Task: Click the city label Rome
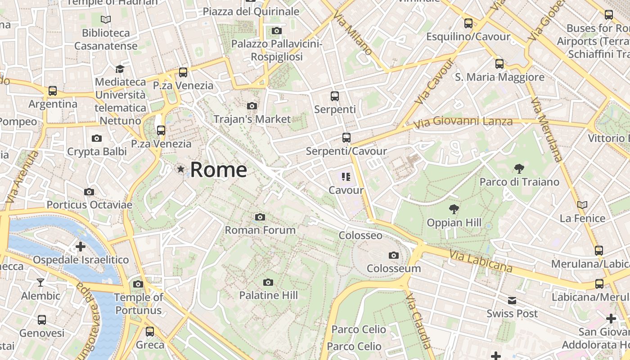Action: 218,170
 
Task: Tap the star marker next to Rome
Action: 181,169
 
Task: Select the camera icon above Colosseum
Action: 394,256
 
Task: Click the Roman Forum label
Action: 260,230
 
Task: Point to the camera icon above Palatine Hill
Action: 268,283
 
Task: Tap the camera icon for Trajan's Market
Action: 252,106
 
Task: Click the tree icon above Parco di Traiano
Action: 519,169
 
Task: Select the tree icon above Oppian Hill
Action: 454,209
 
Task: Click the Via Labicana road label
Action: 481,261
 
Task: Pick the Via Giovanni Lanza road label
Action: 463,122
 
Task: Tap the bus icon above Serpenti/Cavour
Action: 346,138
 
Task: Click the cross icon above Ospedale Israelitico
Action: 81,247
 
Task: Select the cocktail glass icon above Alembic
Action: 40,283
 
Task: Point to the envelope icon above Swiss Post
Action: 512,301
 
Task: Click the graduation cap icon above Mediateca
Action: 120,69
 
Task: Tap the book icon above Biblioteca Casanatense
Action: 106,20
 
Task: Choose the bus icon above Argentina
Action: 53,91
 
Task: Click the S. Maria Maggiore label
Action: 499,77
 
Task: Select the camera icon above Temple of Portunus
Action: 138,284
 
